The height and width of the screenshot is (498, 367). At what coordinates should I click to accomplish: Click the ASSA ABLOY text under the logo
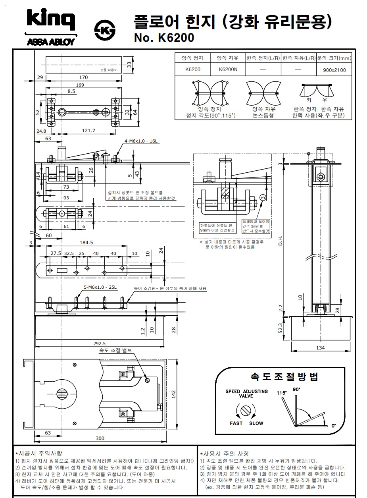click(50, 42)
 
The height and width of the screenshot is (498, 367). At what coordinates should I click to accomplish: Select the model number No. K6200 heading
click(164, 38)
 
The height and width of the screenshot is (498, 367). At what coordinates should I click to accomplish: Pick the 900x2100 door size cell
click(334, 70)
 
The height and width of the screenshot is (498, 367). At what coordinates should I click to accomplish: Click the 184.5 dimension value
click(86, 242)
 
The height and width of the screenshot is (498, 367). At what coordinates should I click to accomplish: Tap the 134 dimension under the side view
click(321, 348)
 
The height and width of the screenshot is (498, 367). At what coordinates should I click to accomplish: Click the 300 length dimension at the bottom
click(100, 438)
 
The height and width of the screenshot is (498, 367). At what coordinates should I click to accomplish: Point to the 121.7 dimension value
click(88, 130)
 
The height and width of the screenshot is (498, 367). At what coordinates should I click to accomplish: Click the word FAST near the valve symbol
click(236, 423)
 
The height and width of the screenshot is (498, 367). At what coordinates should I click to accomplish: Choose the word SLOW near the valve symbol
click(256, 423)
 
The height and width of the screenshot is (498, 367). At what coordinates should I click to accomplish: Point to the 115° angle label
click(282, 392)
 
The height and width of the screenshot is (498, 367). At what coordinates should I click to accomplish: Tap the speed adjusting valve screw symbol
click(246, 409)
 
